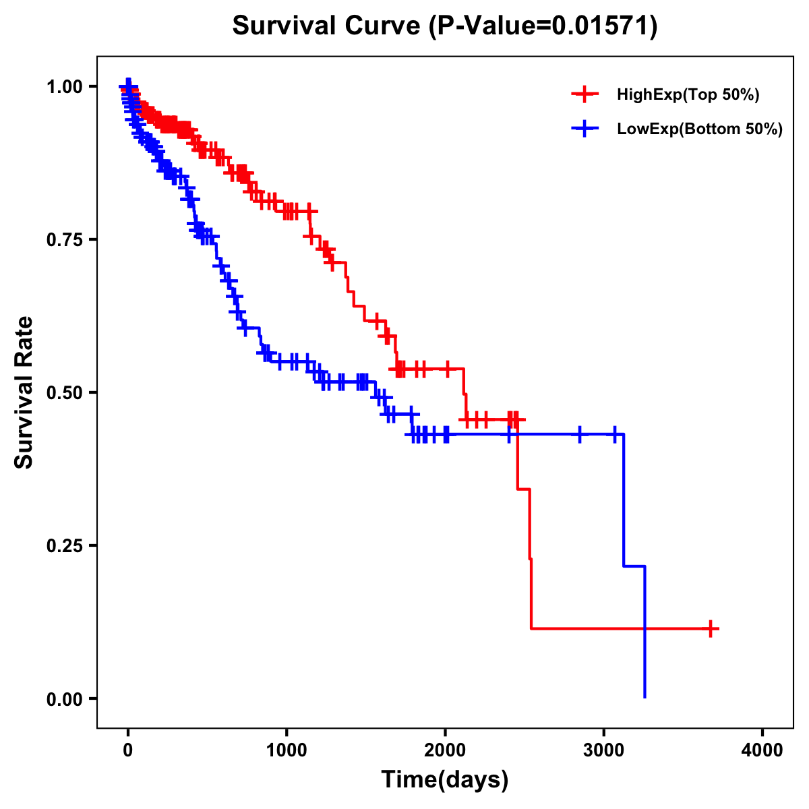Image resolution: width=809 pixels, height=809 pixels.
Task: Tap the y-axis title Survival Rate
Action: point(24,392)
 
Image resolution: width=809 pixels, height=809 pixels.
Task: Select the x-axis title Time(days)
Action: point(444,780)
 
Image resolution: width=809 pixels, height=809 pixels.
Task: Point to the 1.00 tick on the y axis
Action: point(64,86)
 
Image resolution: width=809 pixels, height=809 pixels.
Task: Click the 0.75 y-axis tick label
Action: point(64,239)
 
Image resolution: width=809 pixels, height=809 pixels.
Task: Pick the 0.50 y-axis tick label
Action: point(64,392)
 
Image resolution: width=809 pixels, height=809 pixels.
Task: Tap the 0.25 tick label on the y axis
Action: point(64,545)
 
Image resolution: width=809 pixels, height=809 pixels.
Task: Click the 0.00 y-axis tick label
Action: point(64,698)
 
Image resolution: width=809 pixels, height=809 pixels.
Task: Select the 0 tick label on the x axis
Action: point(128,750)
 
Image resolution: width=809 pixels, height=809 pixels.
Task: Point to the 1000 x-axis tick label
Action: point(287,750)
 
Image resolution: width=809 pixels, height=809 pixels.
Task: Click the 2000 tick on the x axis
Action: point(445,750)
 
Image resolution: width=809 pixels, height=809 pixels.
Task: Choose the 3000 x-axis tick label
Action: point(603,750)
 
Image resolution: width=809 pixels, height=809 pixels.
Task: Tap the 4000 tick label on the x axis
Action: point(762,750)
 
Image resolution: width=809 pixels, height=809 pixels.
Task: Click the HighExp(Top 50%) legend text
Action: point(688,95)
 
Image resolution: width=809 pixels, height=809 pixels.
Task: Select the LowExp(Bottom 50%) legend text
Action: point(700,129)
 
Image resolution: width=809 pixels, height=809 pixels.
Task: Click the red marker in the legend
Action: point(585,95)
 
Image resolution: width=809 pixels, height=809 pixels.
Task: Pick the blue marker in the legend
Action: point(585,129)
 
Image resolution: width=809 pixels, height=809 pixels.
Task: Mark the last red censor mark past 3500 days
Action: point(710,628)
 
